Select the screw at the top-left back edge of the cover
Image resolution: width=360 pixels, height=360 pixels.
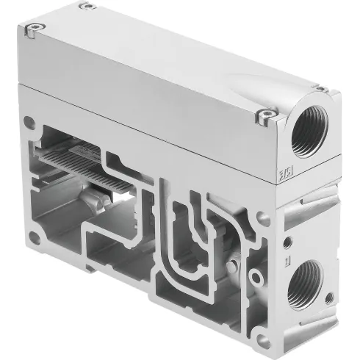pos(86,6)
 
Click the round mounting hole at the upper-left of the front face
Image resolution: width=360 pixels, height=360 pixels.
pos(28,118)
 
